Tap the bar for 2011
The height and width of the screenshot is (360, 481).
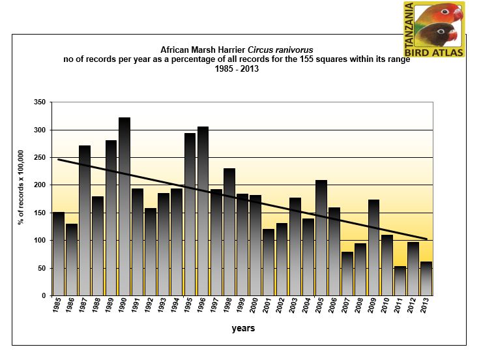click(x=400, y=281)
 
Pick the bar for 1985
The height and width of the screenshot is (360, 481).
click(x=59, y=254)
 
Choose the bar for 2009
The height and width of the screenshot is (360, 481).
click(x=374, y=248)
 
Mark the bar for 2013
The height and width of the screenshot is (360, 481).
click(x=426, y=278)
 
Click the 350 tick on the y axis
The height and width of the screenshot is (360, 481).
click(x=40, y=103)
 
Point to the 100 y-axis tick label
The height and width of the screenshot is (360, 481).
click(x=40, y=241)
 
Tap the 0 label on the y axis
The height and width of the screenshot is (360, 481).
click(x=44, y=295)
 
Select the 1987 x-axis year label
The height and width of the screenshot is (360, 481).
click(x=84, y=309)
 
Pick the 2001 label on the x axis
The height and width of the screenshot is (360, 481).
click(x=268, y=309)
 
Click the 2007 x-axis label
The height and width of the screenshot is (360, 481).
click(x=347, y=309)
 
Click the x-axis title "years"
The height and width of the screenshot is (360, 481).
click(x=243, y=329)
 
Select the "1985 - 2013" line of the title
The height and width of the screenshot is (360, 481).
click(x=237, y=69)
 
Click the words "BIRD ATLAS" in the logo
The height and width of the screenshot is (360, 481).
click(x=435, y=51)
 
